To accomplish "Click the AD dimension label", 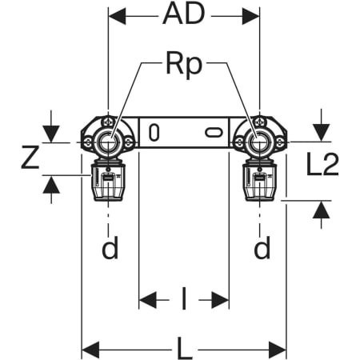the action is [x=184, y=14].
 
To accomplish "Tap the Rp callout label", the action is [x=184, y=66].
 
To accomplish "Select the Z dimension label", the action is [x=30, y=158].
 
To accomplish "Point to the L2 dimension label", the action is [x=322, y=164].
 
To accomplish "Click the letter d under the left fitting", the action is [x=110, y=247].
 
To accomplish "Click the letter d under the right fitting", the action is [x=262, y=247].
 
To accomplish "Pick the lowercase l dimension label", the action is [x=184, y=298].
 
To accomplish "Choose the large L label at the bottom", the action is [x=184, y=348].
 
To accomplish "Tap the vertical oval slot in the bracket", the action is [x=154, y=133].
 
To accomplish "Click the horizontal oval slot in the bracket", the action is [x=214, y=133].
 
